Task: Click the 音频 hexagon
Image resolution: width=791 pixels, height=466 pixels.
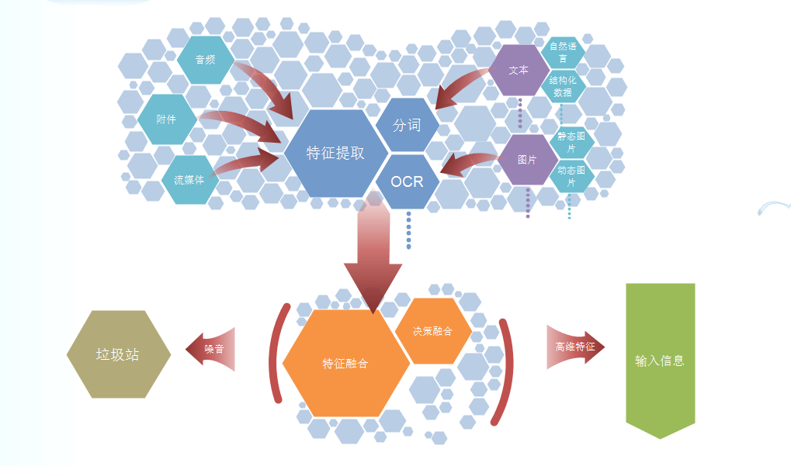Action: click(x=206, y=60)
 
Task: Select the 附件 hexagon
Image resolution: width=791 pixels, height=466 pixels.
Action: click(x=167, y=119)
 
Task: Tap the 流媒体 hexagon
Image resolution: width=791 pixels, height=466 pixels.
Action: click(x=189, y=179)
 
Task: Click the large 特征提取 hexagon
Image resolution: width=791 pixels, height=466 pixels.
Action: click(x=335, y=153)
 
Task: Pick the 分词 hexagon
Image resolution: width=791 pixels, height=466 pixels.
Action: click(x=407, y=125)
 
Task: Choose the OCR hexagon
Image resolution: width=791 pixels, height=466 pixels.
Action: click(x=407, y=181)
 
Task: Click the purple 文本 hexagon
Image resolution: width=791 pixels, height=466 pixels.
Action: click(x=519, y=70)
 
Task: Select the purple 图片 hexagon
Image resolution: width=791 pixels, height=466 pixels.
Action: click(x=527, y=160)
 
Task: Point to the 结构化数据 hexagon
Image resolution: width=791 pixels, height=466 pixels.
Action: click(x=564, y=87)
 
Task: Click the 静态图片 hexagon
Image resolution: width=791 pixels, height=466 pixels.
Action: click(x=573, y=142)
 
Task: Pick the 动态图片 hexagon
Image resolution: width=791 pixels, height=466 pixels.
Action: click(x=572, y=175)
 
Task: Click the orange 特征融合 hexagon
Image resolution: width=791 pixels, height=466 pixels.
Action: click(x=345, y=363)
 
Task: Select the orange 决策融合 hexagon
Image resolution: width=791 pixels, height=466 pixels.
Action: click(x=432, y=331)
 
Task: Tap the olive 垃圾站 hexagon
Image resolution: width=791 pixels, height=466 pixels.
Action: click(x=118, y=354)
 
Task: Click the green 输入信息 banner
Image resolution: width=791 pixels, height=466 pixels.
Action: click(x=660, y=361)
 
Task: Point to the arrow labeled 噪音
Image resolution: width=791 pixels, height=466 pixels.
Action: click(x=210, y=349)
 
